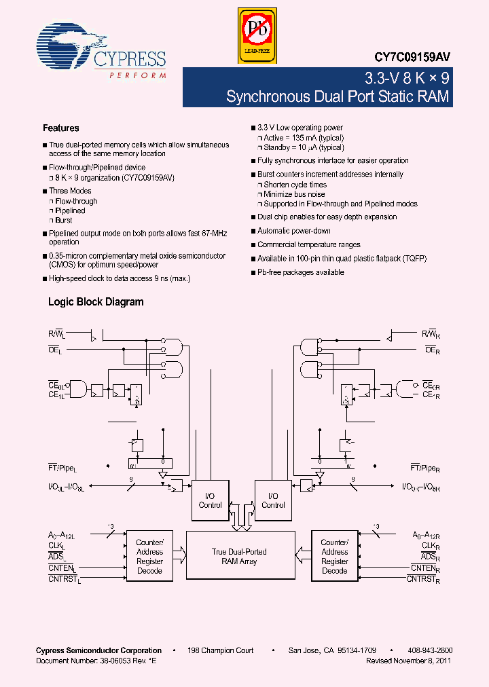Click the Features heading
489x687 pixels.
(x=61, y=128)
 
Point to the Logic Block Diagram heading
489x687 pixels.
(x=96, y=302)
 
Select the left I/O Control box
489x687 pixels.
(x=211, y=500)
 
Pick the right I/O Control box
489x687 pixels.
(x=273, y=500)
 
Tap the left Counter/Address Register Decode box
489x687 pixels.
(x=149, y=557)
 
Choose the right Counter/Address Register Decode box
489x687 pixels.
(x=334, y=557)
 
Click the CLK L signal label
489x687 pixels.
(x=56, y=546)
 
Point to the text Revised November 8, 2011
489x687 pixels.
(x=408, y=661)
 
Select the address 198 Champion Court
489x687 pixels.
(x=221, y=650)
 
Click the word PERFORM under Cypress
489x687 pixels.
(x=137, y=75)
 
